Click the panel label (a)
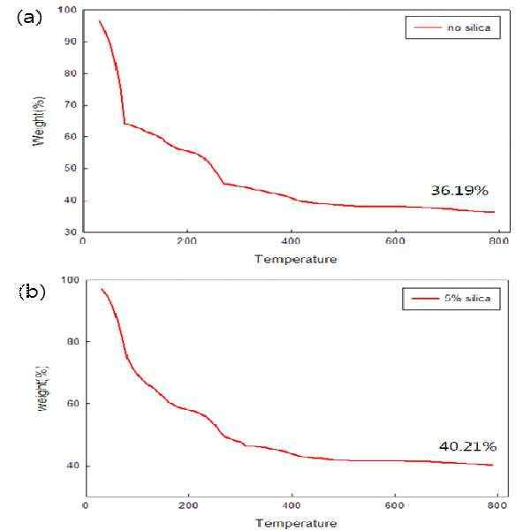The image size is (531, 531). coord(29,18)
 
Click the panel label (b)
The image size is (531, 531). coord(32,292)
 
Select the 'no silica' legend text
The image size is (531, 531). coord(468,27)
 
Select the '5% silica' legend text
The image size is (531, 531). coord(467,299)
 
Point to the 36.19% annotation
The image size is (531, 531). coord(459,191)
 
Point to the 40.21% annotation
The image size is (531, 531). coord(468,446)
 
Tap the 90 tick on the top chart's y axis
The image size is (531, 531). coord(71,42)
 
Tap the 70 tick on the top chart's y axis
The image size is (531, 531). coord(71,105)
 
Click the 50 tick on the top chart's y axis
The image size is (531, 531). coord(71,168)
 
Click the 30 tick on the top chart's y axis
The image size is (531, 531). coord(71,232)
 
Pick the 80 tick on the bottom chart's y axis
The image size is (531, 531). coord(73,341)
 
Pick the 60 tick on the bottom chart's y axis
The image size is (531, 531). coord(73,404)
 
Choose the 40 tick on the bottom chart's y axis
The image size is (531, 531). coord(73,466)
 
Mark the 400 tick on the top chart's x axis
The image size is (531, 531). coord(291,241)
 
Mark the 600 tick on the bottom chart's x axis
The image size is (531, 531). coord(395,505)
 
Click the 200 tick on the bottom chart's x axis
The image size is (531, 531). coord(188,505)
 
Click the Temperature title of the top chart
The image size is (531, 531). coord(296,260)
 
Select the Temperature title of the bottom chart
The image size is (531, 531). coord(296,523)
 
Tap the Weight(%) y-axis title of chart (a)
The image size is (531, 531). coord(39,121)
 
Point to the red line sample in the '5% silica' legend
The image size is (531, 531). coord(425,299)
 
